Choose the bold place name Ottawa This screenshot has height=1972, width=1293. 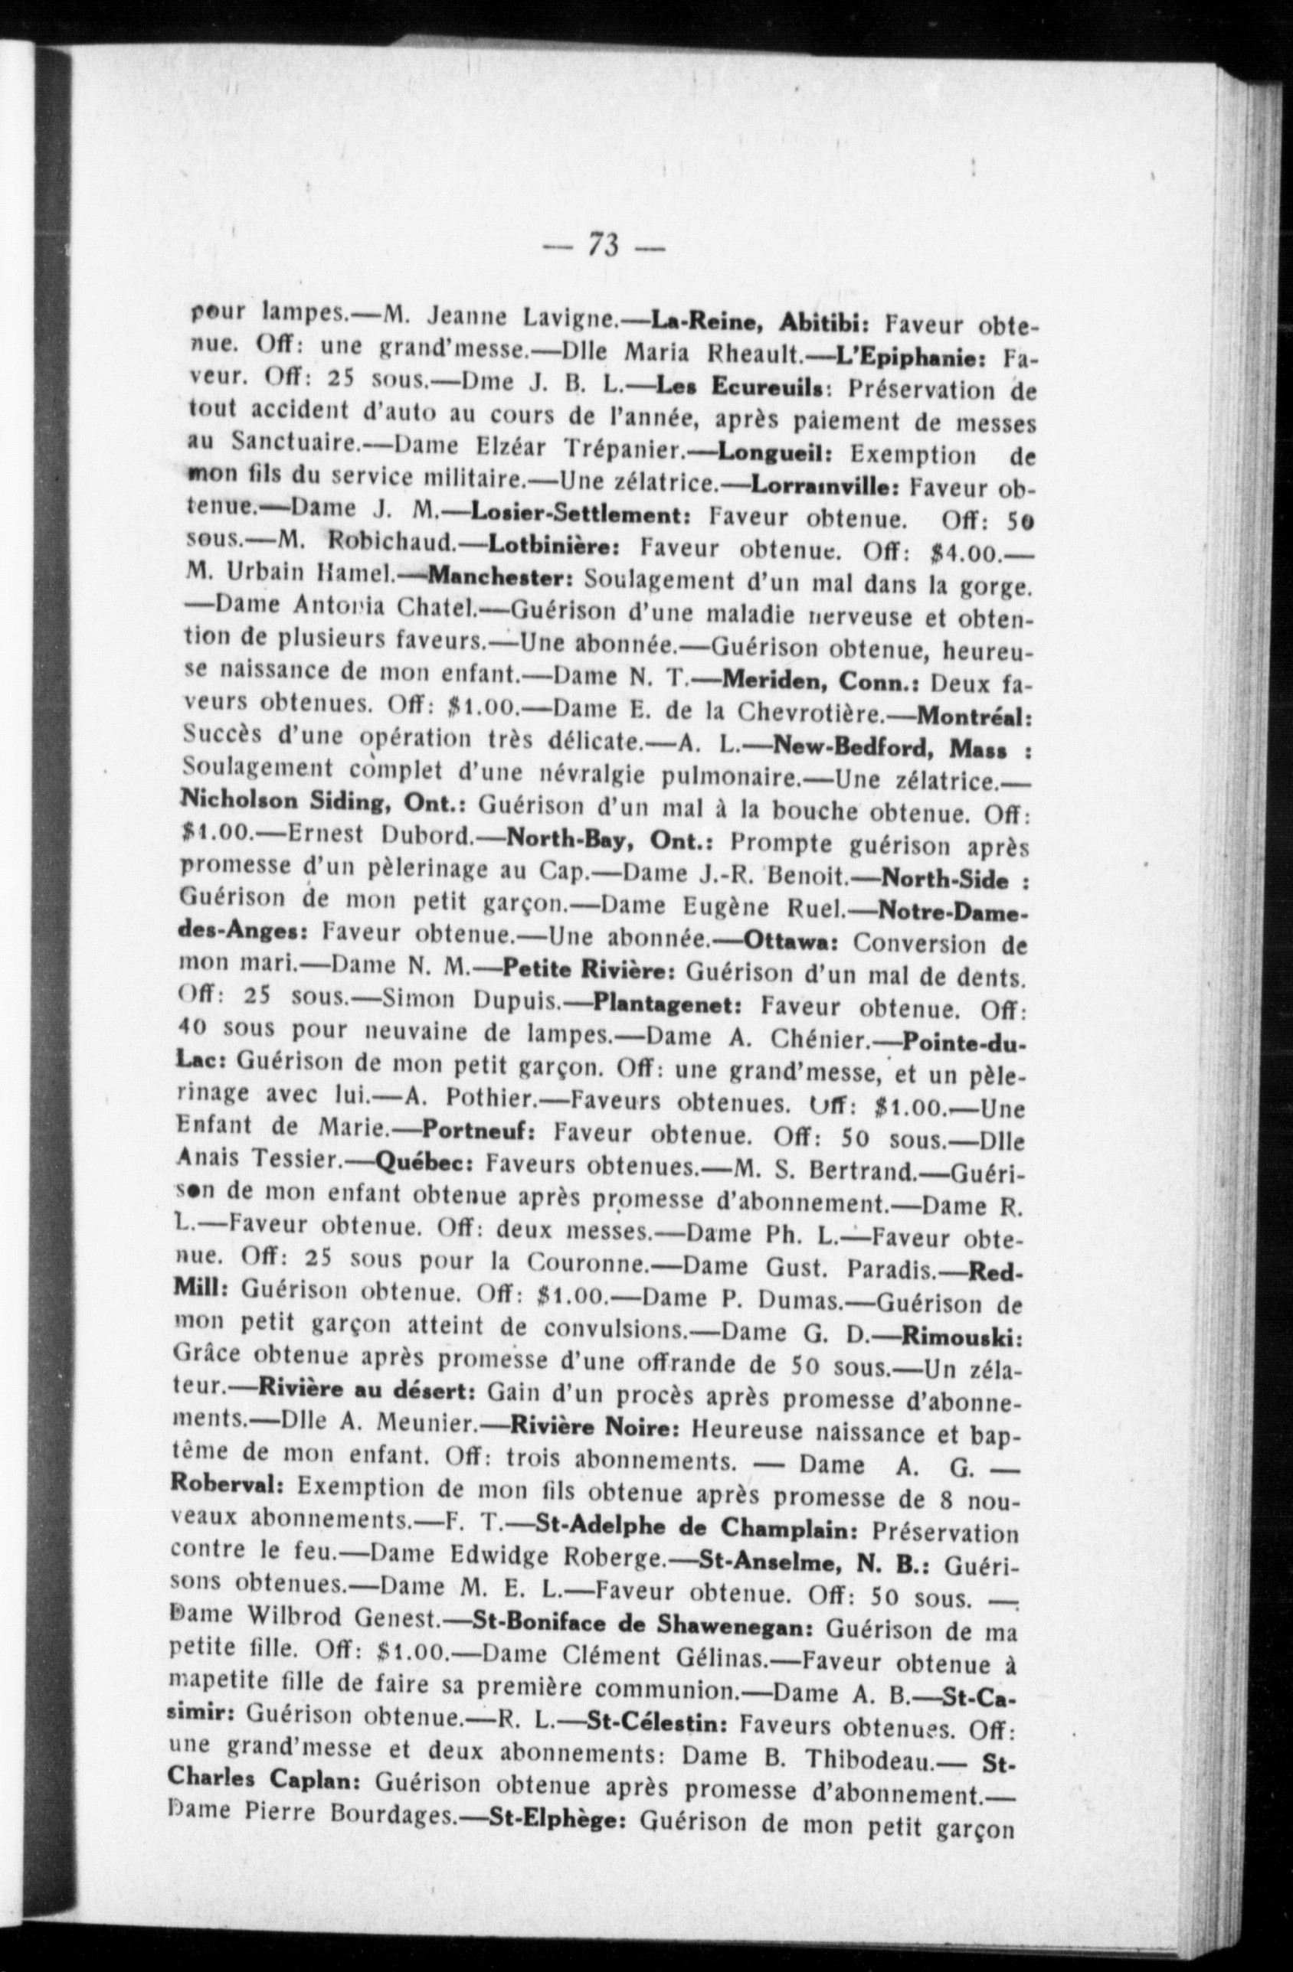pos(792,942)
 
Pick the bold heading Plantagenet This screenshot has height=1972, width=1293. pos(666,1006)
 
